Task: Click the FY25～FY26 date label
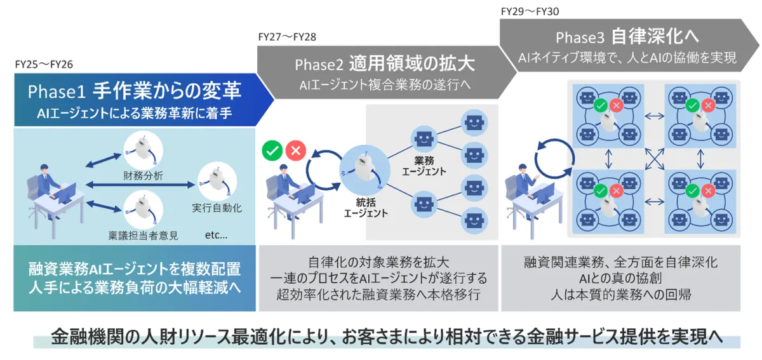click(x=44, y=64)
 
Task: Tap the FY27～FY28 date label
click(x=287, y=37)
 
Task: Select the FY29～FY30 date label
click(x=530, y=11)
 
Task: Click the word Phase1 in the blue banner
click(x=56, y=91)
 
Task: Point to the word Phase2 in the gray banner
click(x=319, y=65)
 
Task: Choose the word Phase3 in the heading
click(x=580, y=37)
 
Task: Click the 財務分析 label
click(x=144, y=176)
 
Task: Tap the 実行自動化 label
click(x=217, y=208)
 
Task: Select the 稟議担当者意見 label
click(x=144, y=236)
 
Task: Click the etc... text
click(x=217, y=235)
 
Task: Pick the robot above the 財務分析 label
click(x=144, y=150)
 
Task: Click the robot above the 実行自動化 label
click(x=217, y=181)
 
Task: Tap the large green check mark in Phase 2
click(x=272, y=150)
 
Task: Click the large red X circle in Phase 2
click(x=296, y=150)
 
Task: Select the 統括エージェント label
click(x=366, y=208)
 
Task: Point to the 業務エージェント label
click(x=424, y=166)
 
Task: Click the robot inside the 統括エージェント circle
click(x=364, y=170)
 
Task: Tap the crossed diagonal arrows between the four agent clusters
click(x=655, y=159)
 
